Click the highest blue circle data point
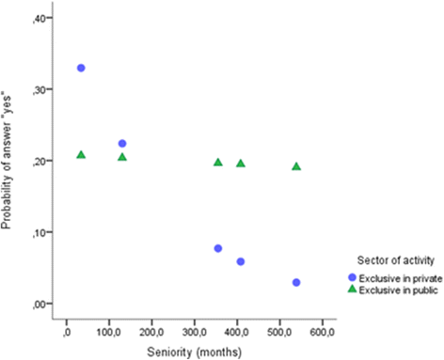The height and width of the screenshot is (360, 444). [81, 68]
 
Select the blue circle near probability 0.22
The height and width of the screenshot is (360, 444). [122, 144]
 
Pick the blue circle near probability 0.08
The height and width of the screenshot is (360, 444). [218, 248]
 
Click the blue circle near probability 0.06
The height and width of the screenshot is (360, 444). [241, 261]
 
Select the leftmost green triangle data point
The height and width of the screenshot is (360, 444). [81, 154]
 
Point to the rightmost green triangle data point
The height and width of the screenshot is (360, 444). [296, 166]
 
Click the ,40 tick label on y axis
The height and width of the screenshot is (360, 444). [43, 19]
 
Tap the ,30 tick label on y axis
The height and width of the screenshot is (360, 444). [43, 90]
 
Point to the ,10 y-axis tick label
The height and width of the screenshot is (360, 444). [43, 232]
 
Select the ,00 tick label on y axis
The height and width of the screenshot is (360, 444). [43, 304]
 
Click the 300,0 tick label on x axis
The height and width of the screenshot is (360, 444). [195, 332]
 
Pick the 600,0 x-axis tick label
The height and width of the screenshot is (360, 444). [323, 332]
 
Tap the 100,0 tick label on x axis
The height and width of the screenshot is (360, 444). [109, 332]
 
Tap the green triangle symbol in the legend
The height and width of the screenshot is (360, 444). [352, 289]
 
